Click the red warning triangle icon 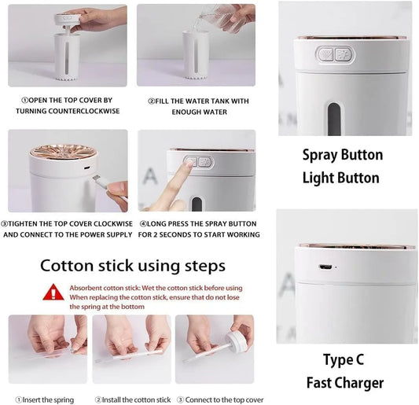[53, 293]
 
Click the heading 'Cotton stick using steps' [133, 266]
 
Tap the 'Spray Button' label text [343, 155]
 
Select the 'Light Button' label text [340, 178]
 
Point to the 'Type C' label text [344, 359]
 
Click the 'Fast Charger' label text [345, 383]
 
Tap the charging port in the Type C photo [325, 267]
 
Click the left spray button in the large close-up [325, 54]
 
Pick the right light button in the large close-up [344, 54]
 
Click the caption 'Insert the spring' [45, 400]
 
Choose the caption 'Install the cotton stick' [133, 400]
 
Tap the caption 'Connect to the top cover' [220, 400]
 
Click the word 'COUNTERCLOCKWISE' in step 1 [83, 111]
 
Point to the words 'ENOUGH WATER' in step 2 [200, 112]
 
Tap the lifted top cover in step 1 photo [67, 19]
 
